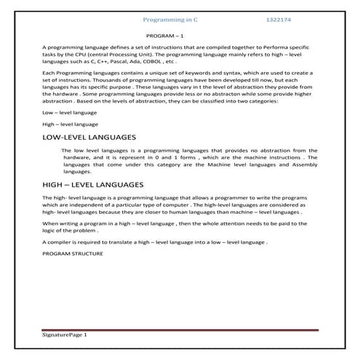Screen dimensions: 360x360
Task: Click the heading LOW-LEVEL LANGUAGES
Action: click(x=89, y=137)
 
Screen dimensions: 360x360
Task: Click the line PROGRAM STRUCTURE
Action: click(x=73, y=252)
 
